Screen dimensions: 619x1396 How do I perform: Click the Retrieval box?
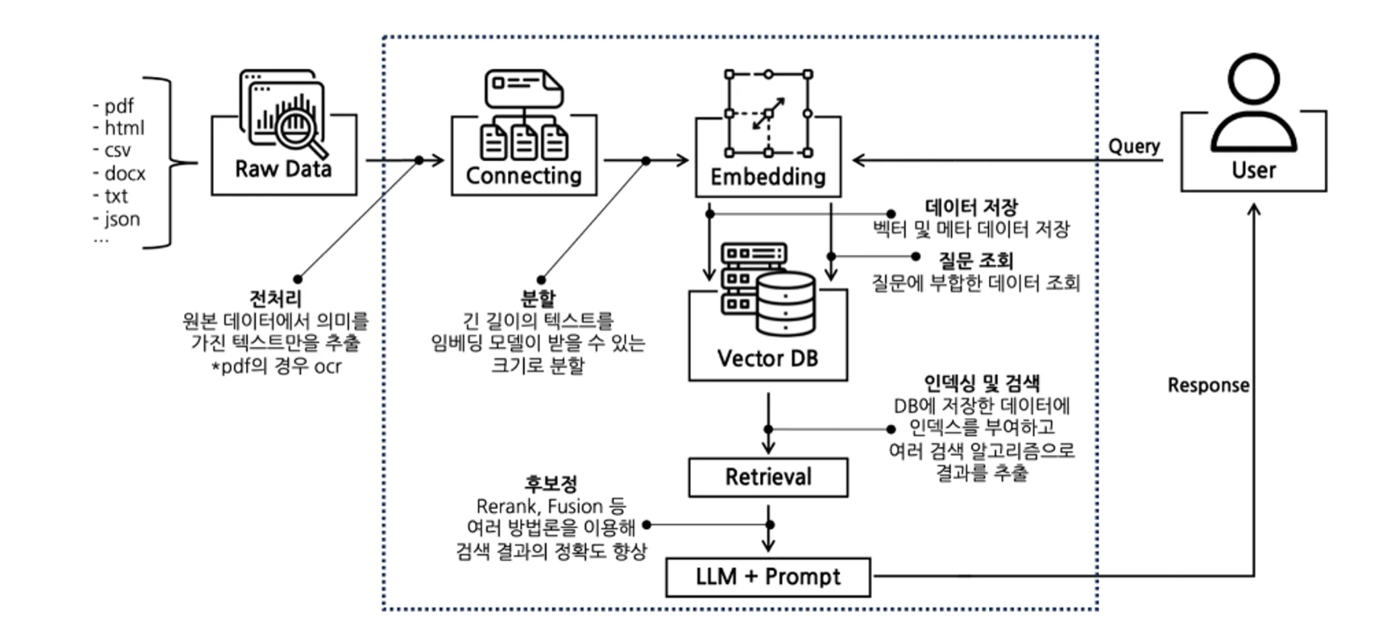[767, 477]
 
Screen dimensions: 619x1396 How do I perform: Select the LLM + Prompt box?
[767, 577]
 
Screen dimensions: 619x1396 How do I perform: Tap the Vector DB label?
[767, 358]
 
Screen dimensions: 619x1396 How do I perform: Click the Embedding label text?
[767, 176]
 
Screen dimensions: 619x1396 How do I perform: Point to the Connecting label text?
[524, 176]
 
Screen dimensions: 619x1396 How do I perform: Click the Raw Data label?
[283, 169]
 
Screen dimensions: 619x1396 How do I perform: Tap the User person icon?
[1253, 103]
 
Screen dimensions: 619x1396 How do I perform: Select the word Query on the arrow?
[1134, 146]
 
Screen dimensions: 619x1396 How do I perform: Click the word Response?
[1208, 385]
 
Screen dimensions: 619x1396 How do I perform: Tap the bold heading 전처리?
[275, 298]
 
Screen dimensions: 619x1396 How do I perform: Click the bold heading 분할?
[538, 298]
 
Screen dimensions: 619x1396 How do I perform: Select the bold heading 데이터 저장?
[971, 207]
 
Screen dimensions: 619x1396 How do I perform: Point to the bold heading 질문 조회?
[975, 260]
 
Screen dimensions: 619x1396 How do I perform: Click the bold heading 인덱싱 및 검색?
[981, 382]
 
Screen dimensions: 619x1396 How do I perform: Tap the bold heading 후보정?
[551, 484]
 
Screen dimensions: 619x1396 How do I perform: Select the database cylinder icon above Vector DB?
[785, 304]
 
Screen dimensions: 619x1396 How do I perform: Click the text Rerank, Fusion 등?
[551, 506]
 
